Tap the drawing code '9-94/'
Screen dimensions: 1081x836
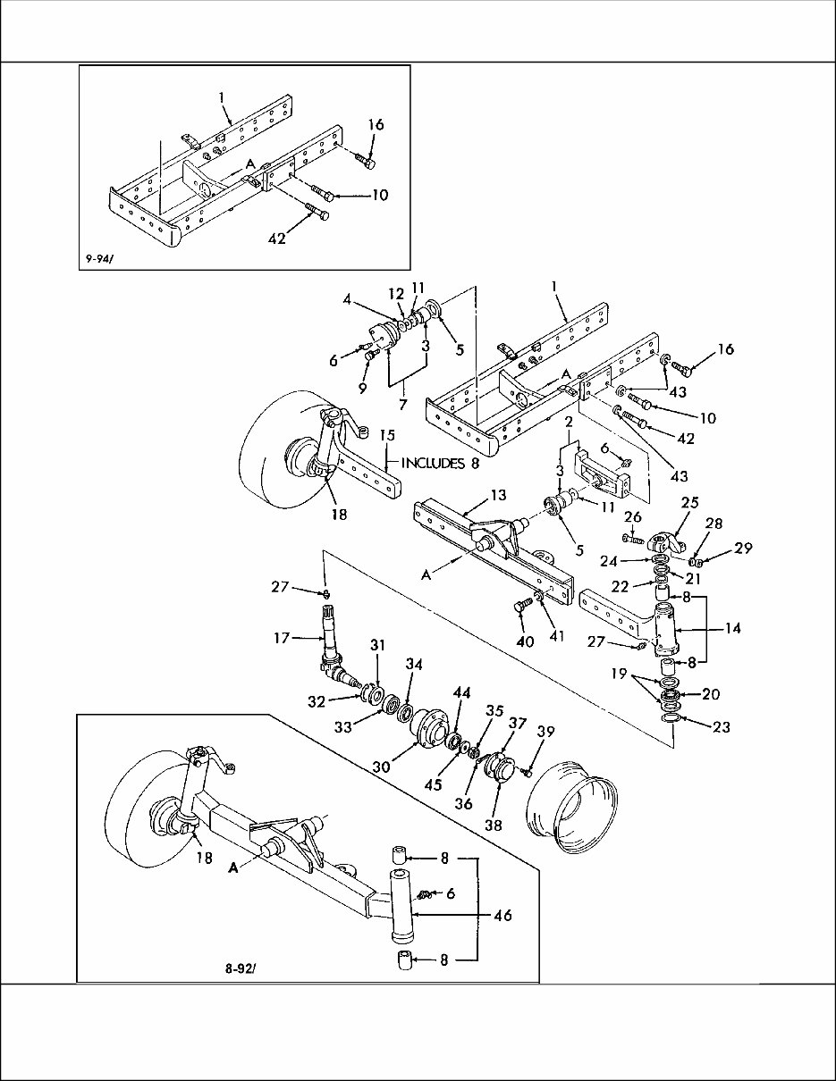(x=101, y=258)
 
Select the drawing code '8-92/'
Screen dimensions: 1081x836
(x=241, y=967)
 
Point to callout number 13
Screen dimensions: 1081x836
(x=497, y=495)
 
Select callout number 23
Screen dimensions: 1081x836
(x=721, y=727)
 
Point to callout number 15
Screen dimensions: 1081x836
(x=386, y=435)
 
